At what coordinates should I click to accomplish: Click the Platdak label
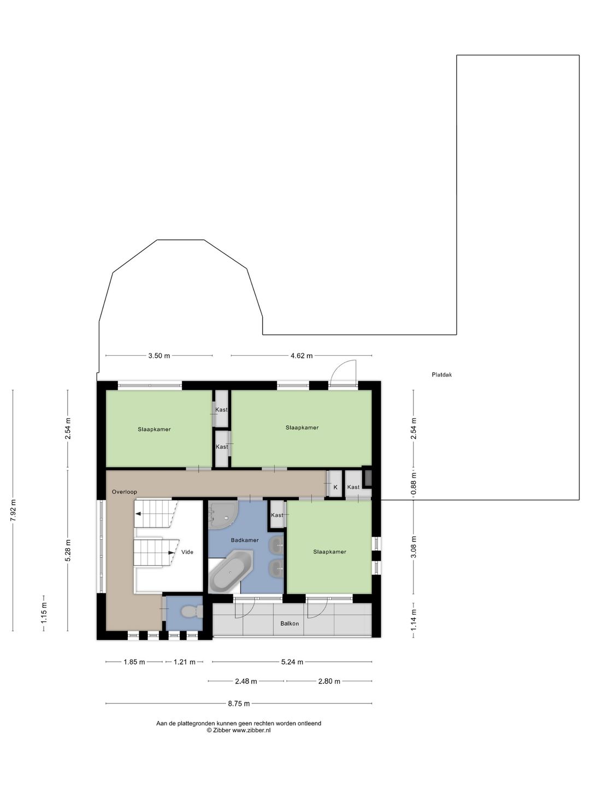(442, 375)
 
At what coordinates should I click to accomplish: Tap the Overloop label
(125, 492)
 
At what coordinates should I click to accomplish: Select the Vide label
(187, 552)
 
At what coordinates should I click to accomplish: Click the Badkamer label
(245, 540)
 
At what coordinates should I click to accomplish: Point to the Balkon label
(290, 624)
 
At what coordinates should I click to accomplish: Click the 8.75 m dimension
(239, 703)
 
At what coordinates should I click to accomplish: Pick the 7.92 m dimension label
(13, 510)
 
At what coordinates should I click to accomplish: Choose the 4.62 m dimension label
(301, 356)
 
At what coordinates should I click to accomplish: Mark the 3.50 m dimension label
(159, 356)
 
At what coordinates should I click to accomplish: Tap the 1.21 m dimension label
(185, 662)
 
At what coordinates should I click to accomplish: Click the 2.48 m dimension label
(246, 681)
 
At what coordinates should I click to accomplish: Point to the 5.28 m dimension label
(68, 551)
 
